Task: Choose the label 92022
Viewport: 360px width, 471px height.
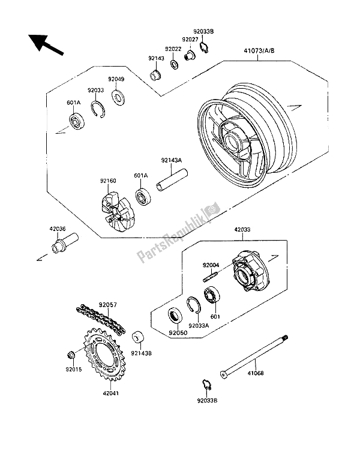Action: [173, 49]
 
